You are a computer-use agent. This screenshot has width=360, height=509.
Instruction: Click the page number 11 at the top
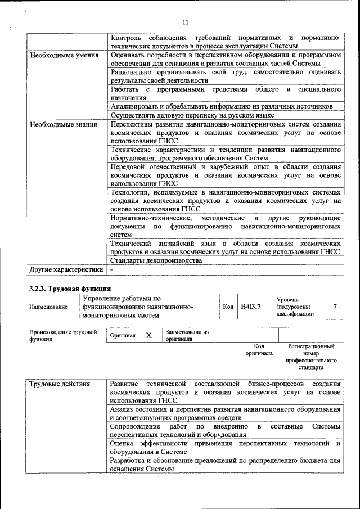(x=186, y=22)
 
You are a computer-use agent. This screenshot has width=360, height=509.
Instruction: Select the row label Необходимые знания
(x=63, y=124)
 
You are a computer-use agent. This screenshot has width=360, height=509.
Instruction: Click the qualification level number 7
(x=335, y=307)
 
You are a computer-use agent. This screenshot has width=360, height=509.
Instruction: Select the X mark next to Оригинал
(x=148, y=335)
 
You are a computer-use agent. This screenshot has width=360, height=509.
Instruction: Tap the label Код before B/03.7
(x=228, y=307)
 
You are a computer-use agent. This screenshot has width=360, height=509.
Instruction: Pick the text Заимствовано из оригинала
(x=187, y=336)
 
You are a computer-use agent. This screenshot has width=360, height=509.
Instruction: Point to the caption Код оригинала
(x=259, y=350)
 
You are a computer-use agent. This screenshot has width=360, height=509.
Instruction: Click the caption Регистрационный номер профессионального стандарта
(x=311, y=357)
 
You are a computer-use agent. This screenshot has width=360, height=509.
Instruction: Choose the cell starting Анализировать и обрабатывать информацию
(x=222, y=106)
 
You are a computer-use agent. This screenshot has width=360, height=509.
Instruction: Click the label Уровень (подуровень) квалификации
(x=294, y=307)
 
